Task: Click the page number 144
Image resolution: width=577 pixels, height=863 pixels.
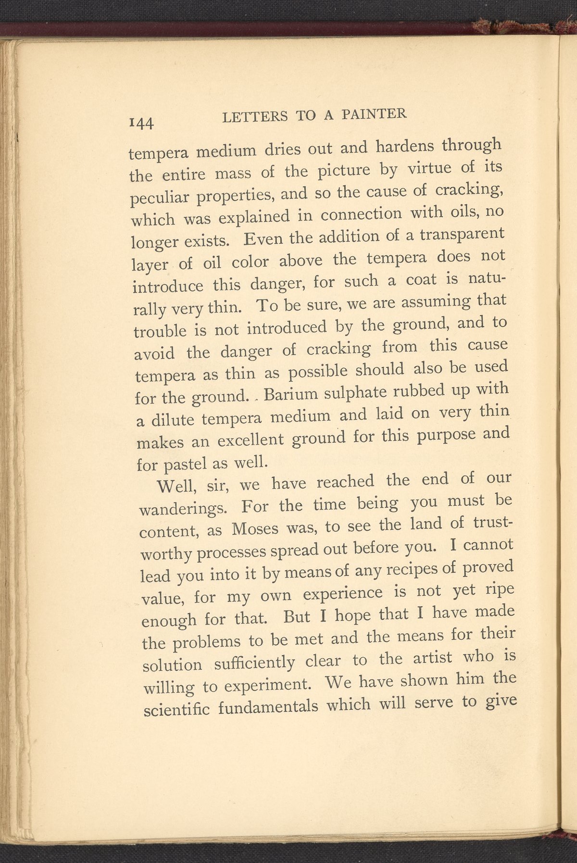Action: click(141, 123)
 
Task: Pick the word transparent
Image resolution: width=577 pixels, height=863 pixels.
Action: click(462, 235)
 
